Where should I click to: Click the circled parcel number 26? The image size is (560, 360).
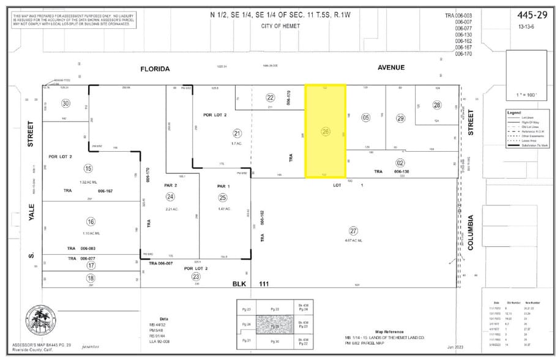(x=326, y=131)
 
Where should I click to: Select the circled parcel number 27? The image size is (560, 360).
(x=353, y=231)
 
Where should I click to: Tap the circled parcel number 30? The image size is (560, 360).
(x=65, y=103)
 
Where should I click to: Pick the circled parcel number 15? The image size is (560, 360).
(x=89, y=168)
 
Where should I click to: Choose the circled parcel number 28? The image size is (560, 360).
(x=437, y=105)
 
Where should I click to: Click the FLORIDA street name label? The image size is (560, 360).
(x=154, y=69)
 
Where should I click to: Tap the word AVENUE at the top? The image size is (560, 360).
(x=391, y=67)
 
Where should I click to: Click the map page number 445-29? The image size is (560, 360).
(x=529, y=14)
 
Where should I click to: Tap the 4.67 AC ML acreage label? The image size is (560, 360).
(x=353, y=241)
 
